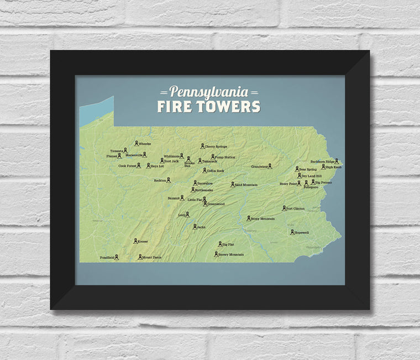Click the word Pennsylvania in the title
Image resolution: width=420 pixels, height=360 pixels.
click(x=208, y=91)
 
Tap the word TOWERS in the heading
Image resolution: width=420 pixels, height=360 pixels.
click(x=227, y=106)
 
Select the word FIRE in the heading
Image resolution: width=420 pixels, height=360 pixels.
click(x=174, y=106)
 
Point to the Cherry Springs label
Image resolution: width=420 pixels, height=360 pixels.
click(x=216, y=147)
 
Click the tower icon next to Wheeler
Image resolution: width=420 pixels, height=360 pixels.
click(x=136, y=143)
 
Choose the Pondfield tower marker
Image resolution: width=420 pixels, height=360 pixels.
click(x=117, y=257)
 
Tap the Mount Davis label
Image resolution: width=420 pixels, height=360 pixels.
click(x=151, y=257)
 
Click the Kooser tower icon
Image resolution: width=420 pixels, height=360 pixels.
click(x=134, y=241)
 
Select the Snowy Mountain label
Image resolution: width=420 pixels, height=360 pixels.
click(x=231, y=254)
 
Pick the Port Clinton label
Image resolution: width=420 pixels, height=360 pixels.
click(x=296, y=208)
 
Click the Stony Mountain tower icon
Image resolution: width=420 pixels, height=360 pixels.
click(x=248, y=218)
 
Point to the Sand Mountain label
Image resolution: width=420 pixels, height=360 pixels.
click(x=246, y=185)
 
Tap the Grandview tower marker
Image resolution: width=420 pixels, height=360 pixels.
click(x=270, y=165)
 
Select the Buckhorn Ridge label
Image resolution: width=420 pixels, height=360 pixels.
click(x=322, y=161)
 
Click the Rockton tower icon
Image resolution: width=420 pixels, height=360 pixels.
click(x=169, y=180)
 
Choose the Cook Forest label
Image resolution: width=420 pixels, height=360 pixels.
click(x=127, y=165)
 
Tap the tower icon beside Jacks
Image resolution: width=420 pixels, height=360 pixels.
click(x=195, y=226)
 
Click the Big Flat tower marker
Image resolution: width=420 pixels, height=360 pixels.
click(x=220, y=243)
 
